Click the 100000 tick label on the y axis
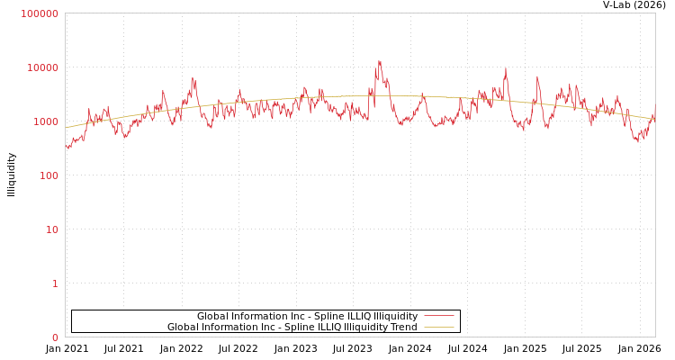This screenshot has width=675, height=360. (40, 13)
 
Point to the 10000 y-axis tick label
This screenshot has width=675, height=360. (42, 67)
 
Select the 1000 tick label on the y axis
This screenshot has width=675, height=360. (45, 121)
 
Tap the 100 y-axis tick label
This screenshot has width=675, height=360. (48, 175)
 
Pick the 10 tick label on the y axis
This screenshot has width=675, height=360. (51, 229)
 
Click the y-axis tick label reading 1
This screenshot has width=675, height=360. (55, 283)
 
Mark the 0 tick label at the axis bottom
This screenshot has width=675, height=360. (55, 337)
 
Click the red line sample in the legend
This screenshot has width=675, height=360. (438, 316)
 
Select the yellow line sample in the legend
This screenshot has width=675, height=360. (438, 327)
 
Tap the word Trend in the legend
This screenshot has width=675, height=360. (403, 327)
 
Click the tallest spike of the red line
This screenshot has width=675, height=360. (379, 62)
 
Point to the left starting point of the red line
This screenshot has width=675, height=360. (66, 146)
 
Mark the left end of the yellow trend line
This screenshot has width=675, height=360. (66, 128)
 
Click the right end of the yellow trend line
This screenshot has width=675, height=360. (654, 118)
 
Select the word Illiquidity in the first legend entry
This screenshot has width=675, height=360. (395, 316)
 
